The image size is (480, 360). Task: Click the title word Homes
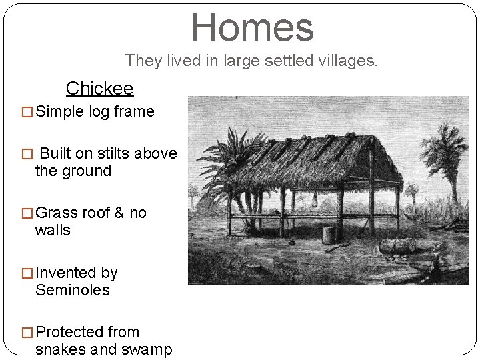tap(252, 27)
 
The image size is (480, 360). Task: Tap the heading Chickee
tap(99, 88)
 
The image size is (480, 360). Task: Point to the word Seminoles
tap(72, 290)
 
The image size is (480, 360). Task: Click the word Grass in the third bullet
tap(57, 213)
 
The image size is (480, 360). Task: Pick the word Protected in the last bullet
tap(87, 332)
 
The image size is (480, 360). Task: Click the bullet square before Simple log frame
tap(28, 112)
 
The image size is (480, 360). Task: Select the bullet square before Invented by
tap(28, 273)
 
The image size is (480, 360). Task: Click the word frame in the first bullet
tap(133, 111)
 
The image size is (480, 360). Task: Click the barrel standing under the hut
tap(328, 235)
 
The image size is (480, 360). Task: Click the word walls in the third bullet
tap(53, 231)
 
